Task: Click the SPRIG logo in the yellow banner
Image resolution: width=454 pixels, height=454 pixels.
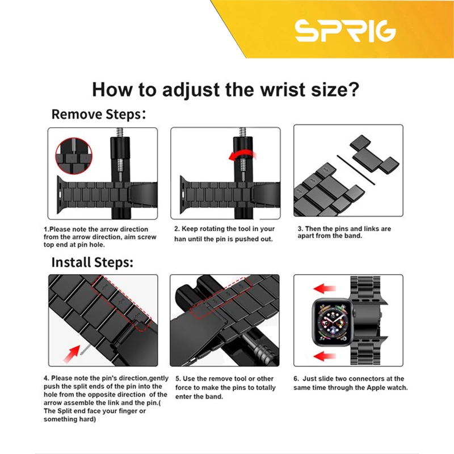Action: pyautogui.click(x=345, y=31)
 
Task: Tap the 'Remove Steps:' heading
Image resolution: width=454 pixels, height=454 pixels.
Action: pyautogui.click(x=98, y=115)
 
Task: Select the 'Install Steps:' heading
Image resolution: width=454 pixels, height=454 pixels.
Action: pyautogui.click(x=93, y=262)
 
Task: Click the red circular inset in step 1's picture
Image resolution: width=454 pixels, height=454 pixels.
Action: pyautogui.click(x=74, y=155)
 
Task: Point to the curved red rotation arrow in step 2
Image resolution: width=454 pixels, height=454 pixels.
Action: pyautogui.click(x=242, y=155)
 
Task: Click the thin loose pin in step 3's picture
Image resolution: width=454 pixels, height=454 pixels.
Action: pyautogui.click(x=356, y=169)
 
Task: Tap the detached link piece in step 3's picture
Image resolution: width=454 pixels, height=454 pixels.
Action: pyautogui.click(x=374, y=154)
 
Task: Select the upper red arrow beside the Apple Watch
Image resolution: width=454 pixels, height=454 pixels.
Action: pyautogui.click(x=325, y=289)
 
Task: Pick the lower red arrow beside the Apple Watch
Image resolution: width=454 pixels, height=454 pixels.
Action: pyautogui.click(x=325, y=356)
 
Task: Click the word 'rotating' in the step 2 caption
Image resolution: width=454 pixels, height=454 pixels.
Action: pyautogui.click(x=214, y=229)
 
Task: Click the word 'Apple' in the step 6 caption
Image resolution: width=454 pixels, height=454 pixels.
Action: pyautogui.click(x=376, y=388)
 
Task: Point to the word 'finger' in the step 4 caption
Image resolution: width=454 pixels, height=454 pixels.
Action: pyautogui.click(x=127, y=411)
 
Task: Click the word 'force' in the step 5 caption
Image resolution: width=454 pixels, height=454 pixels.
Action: pyautogui.click(x=183, y=388)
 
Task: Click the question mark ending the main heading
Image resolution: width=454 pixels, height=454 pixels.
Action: pyautogui.click(x=353, y=89)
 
